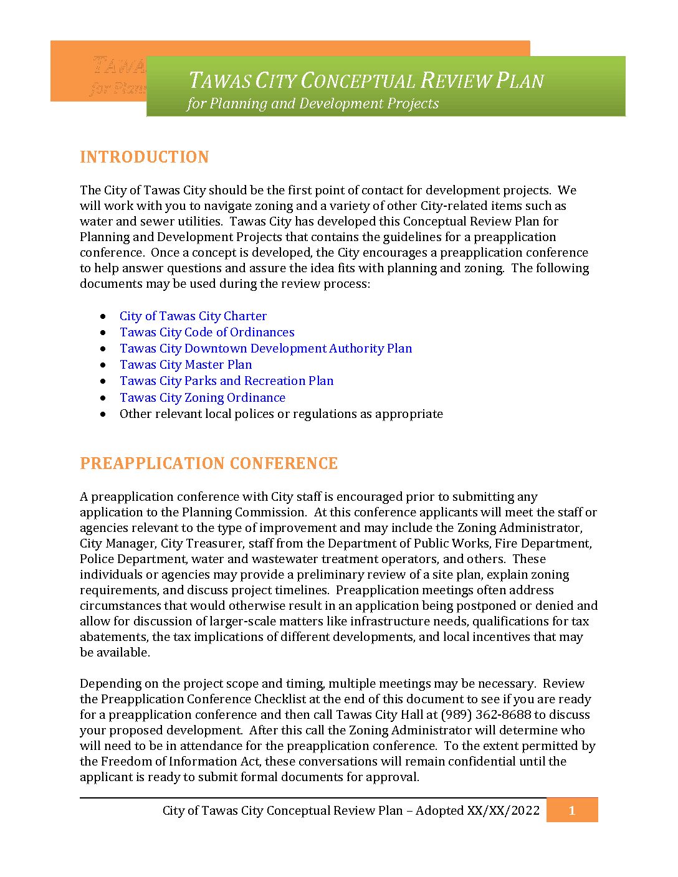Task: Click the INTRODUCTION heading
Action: click(144, 157)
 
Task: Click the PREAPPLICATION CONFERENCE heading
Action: click(209, 463)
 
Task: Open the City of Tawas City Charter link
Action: click(193, 316)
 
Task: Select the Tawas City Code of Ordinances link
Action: click(207, 333)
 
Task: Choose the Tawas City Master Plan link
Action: click(186, 365)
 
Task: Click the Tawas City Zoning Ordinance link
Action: click(203, 397)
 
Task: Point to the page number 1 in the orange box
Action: click(572, 810)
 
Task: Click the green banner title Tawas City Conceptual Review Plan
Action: click(366, 81)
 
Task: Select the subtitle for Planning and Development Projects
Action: click(313, 103)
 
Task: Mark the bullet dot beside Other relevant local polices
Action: click(103, 414)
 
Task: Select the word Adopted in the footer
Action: click(440, 810)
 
